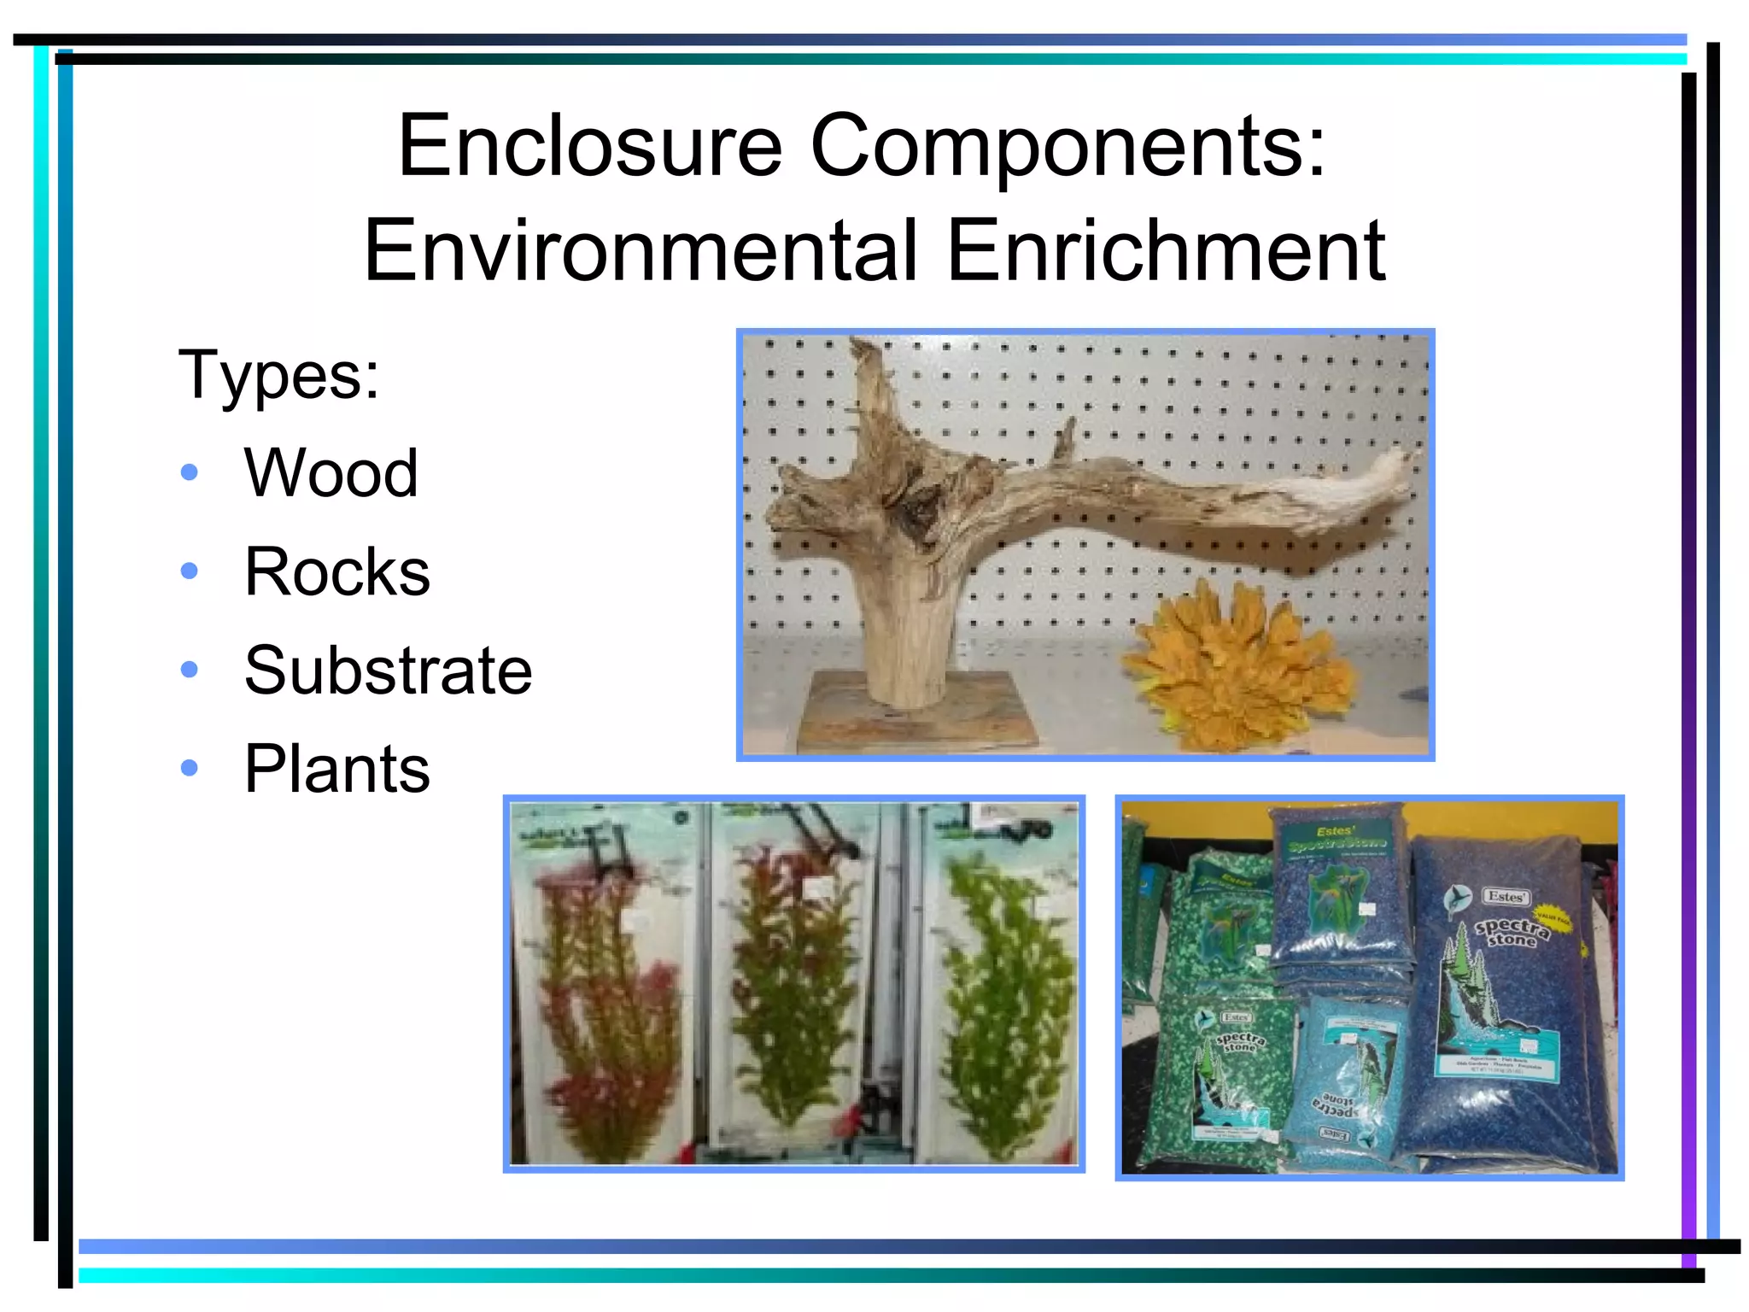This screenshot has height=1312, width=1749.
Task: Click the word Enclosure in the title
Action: tap(589, 146)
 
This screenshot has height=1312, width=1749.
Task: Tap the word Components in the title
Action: tap(1068, 148)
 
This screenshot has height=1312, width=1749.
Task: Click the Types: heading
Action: tap(278, 375)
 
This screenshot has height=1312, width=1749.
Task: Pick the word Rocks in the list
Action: tap(337, 571)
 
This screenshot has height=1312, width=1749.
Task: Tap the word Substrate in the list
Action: tap(389, 671)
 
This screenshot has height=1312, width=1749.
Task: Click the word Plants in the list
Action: tap(337, 769)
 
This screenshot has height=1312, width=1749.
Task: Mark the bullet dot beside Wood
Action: tap(190, 472)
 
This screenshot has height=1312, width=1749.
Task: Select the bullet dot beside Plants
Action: tap(190, 768)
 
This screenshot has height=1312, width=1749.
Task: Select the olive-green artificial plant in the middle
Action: tap(794, 982)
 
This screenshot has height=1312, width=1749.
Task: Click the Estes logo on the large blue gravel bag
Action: tap(1505, 897)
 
